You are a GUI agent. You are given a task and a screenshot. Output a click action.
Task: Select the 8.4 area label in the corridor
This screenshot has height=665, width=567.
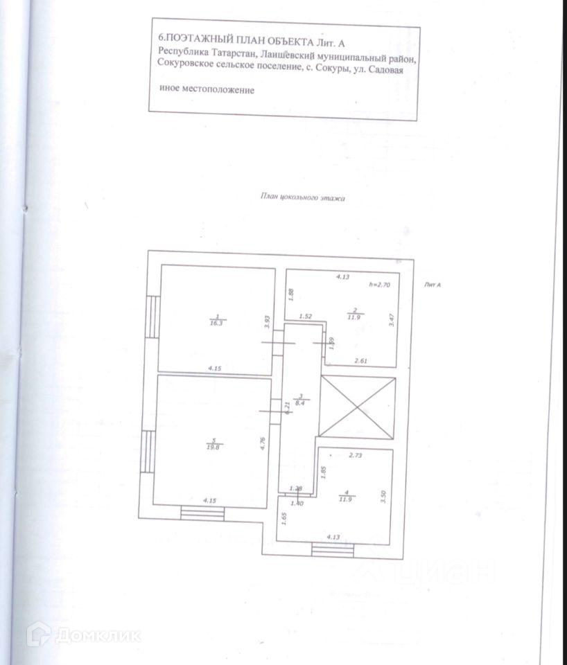[x=299, y=400]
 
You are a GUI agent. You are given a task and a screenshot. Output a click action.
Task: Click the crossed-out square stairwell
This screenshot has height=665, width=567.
[x=356, y=409]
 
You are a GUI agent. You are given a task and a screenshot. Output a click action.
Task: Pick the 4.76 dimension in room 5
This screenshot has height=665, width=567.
[x=263, y=444]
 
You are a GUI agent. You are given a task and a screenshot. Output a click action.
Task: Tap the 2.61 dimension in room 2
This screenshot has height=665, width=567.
[x=361, y=360]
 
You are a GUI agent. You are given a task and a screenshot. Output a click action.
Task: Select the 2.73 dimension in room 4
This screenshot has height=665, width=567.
[x=356, y=456]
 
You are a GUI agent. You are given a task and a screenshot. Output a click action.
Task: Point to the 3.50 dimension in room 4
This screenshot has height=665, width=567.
[x=383, y=497]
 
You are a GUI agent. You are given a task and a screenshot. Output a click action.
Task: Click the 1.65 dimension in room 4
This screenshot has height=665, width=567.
[x=284, y=517]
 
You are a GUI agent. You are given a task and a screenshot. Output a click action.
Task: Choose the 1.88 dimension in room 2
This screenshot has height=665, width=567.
[x=292, y=294]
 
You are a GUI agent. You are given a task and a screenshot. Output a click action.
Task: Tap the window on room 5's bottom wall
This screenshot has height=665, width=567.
[x=202, y=513]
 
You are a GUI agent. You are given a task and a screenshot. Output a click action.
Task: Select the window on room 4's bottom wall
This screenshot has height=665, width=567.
[x=333, y=550]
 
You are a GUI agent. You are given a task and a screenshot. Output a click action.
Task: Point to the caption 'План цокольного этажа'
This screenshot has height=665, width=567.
[x=302, y=197]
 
